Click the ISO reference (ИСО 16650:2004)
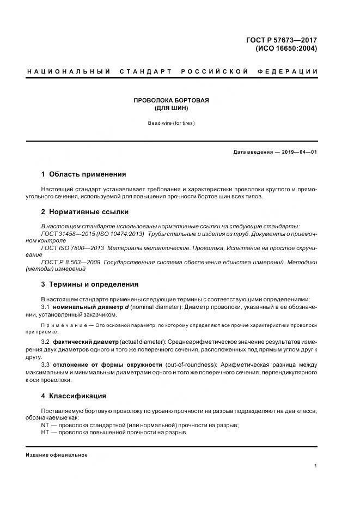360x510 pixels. (286, 48)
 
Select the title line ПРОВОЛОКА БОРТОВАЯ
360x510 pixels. (172, 100)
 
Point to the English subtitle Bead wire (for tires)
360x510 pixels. (172, 123)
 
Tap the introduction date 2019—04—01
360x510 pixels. (300, 152)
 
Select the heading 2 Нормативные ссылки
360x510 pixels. (85, 212)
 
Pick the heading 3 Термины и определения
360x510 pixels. (90, 284)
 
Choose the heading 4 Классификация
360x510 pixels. (74, 396)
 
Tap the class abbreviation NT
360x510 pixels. (45, 424)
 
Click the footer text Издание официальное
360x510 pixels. (57, 454)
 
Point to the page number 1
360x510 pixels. (316, 466)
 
